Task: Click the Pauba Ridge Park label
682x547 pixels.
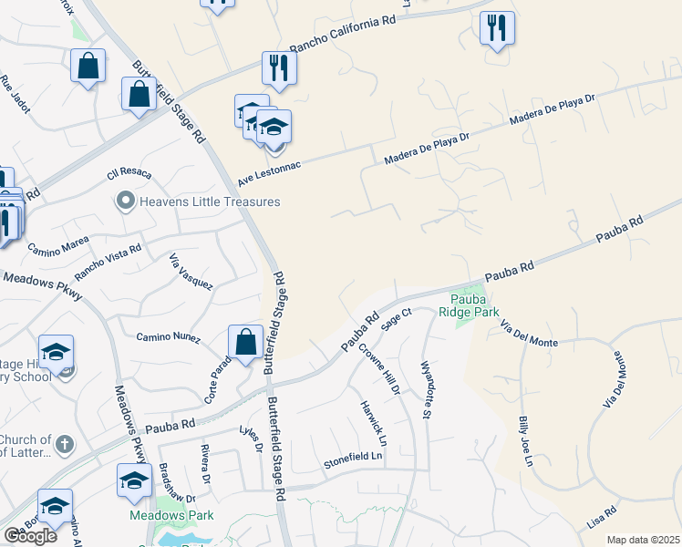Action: (x=469, y=305)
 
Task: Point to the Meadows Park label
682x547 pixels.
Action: (x=183, y=516)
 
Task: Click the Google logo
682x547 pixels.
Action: (x=30, y=536)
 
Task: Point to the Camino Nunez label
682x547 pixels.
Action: (x=167, y=337)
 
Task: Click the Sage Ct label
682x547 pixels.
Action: (x=398, y=318)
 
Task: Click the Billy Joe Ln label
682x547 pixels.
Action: (x=524, y=440)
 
